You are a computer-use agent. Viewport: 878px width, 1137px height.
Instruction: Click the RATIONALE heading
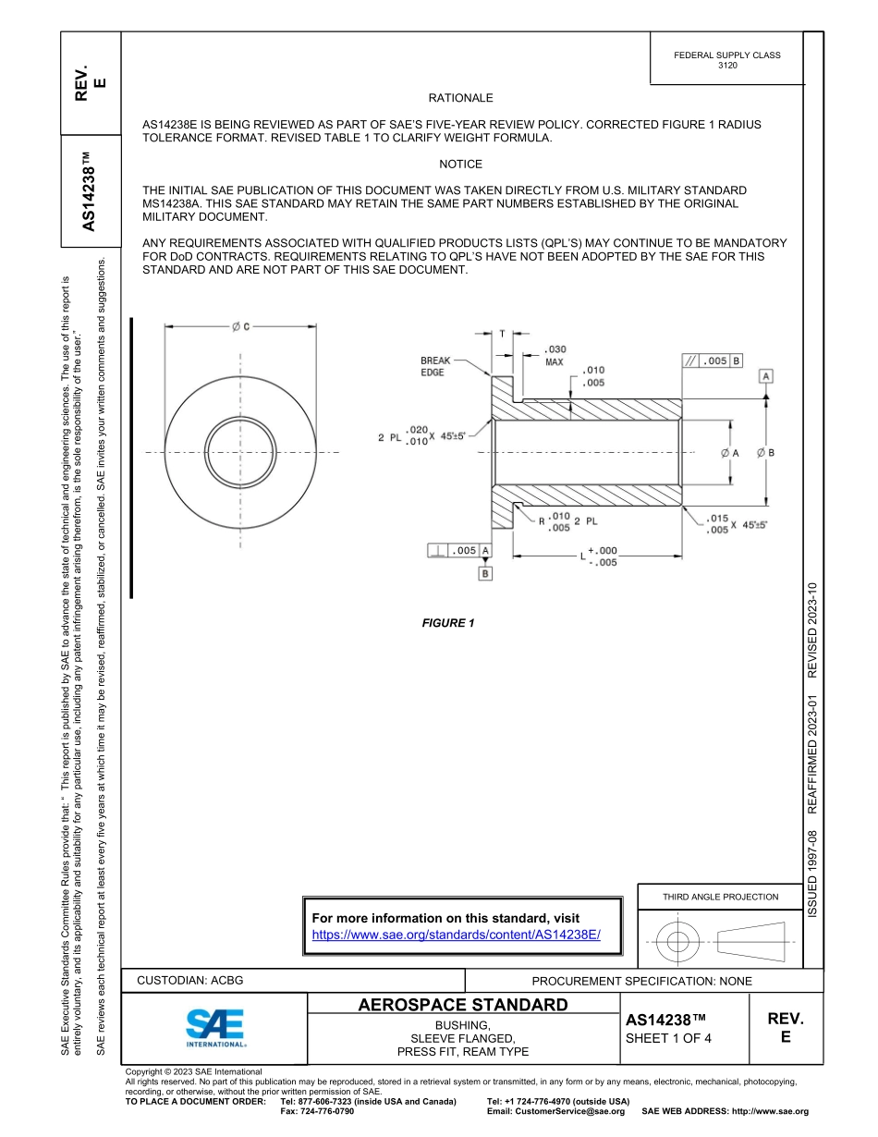click(x=460, y=98)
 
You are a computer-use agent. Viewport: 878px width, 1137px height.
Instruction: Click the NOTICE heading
click(x=460, y=165)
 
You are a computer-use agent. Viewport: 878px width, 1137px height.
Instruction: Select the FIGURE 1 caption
click(x=448, y=623)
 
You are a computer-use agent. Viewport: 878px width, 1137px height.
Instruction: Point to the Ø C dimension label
click(x=241, y=326)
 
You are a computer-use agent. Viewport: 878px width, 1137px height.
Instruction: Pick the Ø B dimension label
click(x=765, y=453)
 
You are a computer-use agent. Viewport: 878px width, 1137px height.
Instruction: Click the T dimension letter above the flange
click(x=502, y=334)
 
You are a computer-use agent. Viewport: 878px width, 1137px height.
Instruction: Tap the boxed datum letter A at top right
click(x=767, y=375)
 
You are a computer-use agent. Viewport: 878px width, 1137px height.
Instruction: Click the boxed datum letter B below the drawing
click(x=484, y=573)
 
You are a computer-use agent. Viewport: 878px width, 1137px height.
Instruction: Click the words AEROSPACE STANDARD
click(x=462, y=1005)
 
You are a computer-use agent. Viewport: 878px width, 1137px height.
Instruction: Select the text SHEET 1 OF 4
click(x=669, y=1037)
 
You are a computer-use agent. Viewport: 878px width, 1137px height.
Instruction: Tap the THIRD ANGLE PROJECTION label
click(x=720, y=897)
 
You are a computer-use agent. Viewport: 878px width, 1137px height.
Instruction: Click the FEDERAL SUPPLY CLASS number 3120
click(x=727, y=66)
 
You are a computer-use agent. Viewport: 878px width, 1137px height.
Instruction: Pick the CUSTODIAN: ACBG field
click(x=189, y=980)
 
